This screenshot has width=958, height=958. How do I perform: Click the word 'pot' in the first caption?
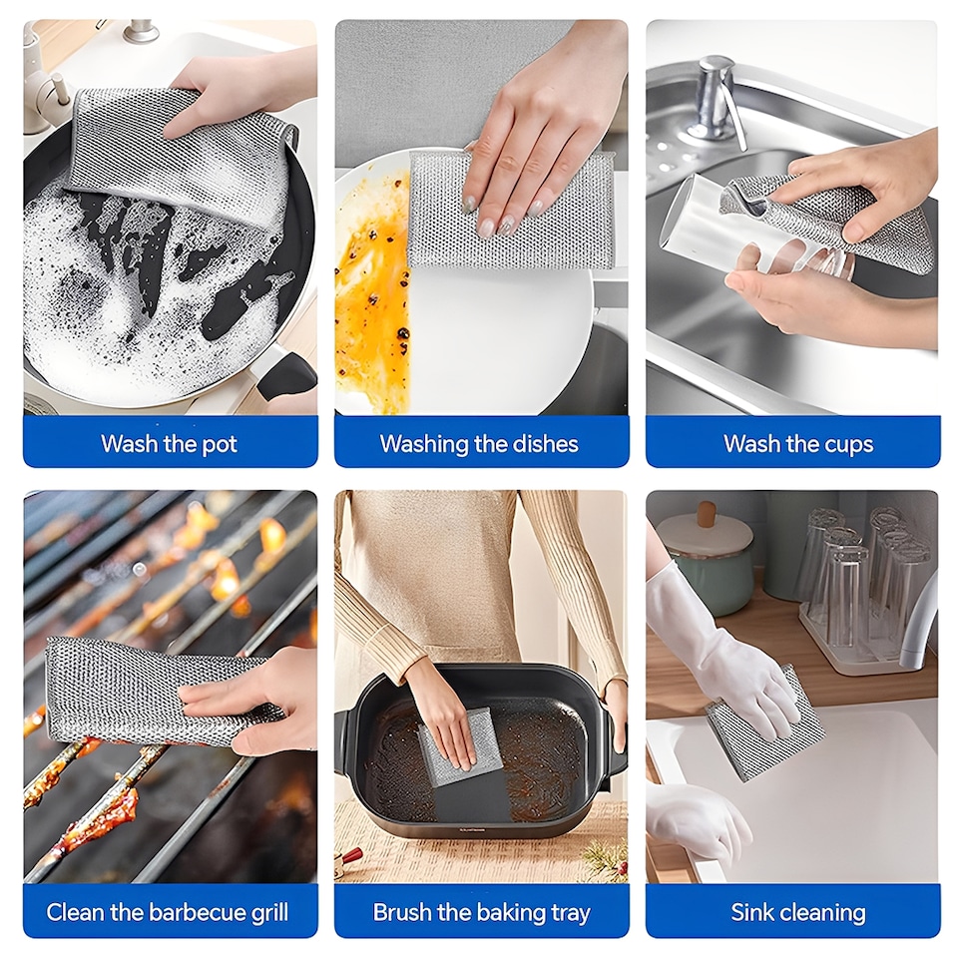220,444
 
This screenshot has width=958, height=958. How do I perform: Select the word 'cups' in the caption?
848,444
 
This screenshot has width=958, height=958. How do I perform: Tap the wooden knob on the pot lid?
707,514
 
